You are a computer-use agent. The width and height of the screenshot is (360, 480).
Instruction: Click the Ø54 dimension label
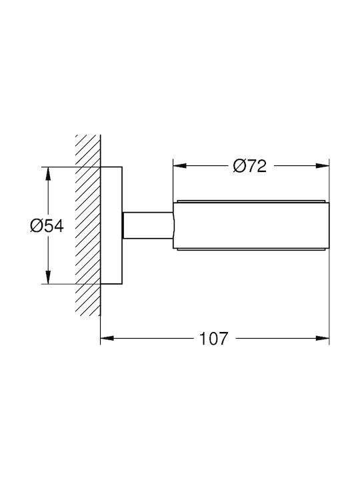tap(47, 226)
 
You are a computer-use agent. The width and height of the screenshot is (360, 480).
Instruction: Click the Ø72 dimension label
tap(249, 166)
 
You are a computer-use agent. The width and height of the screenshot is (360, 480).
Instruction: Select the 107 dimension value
tap(214, 338)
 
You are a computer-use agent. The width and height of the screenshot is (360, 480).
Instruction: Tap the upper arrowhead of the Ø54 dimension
tap(47, 174)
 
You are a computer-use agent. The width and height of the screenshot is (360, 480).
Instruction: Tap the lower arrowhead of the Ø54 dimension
tap(47, 277)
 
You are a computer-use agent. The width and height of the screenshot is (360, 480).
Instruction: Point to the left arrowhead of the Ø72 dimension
tap(180, 166)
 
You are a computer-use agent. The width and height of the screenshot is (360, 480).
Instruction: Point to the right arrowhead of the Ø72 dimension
tap(323, 166)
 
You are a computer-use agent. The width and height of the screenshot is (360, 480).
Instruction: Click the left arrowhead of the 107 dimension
tap(107, 338)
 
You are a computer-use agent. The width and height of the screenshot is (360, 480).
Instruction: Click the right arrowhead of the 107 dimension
tap(323, 338)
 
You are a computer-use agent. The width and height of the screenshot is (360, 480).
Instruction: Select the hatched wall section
tap(88, 225)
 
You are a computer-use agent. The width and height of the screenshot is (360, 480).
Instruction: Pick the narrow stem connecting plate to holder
tap(148, 225)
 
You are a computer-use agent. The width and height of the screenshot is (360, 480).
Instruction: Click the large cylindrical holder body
tap(251, 225)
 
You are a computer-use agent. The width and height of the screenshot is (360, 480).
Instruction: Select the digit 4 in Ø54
tap(59, 226)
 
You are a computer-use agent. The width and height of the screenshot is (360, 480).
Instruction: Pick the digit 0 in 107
tap(213, 338)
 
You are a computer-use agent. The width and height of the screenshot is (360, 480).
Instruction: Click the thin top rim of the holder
tap(251, 201)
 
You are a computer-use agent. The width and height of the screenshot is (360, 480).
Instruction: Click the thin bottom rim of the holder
tap(251, 249)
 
